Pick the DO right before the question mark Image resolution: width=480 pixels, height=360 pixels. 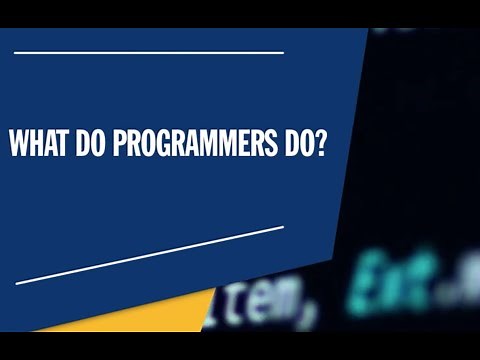click(x=296, y=145)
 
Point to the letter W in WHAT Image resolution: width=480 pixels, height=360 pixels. click(x=19, y=145)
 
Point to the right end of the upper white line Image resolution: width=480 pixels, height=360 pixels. click(x=283, y=52)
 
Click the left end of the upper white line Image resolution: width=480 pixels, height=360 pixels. click(x=17, y=52)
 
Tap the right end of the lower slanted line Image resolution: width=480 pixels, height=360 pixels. click(x=283, y=227)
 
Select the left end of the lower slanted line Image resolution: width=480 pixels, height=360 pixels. click(x=17, y=283)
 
